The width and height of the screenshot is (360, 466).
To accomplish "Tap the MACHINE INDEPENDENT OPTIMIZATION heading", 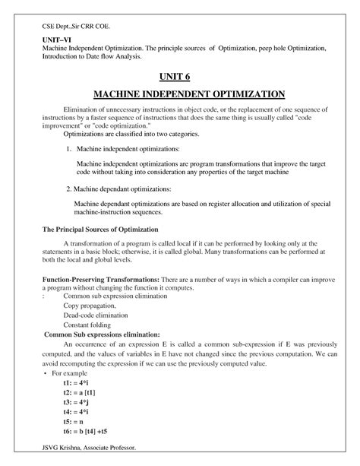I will (x=179, y=94).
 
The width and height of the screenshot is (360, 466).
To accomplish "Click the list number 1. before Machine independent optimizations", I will (x=68, y=150).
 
